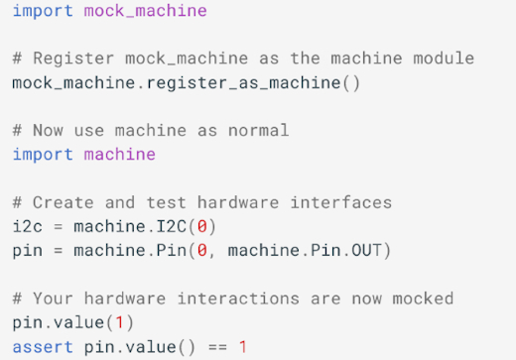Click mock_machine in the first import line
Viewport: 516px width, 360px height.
145,11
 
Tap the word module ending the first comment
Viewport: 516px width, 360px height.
443,59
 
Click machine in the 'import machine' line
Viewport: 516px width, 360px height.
119,154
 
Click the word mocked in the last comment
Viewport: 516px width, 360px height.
422,299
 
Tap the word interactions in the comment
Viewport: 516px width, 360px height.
212,299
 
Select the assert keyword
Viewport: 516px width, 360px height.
43,346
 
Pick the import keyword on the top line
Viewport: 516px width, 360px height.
43,11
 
